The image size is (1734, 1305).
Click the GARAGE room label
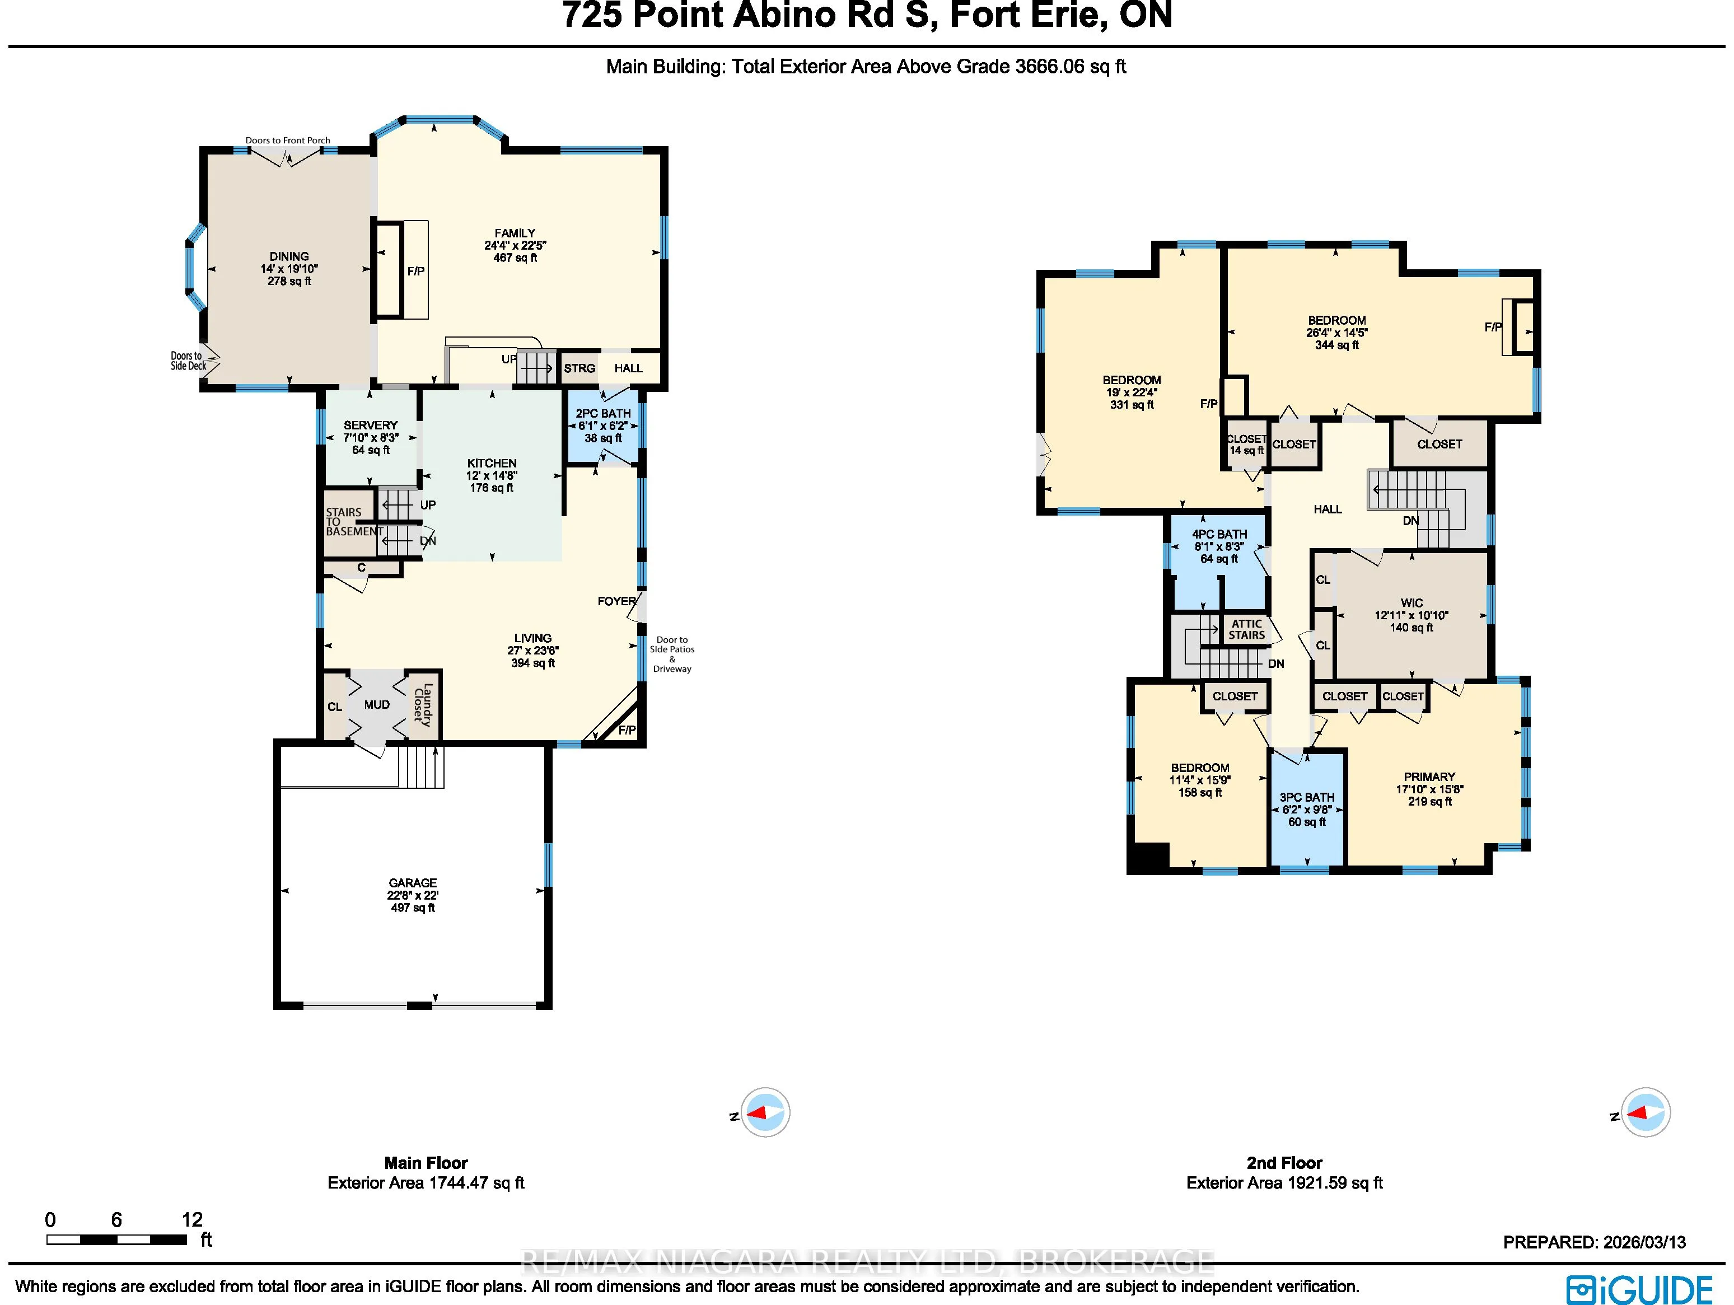(x=413, y=882)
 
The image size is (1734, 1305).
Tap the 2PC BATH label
(x=603, y=414)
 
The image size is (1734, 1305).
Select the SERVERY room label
(x=371, y=425)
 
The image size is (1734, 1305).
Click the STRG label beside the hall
(x=579, y=368)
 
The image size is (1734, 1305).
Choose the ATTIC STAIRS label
(x=1246, y=629)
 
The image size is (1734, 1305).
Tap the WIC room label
(x=1412, y=604)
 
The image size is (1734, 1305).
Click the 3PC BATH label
(x=1307, y=797)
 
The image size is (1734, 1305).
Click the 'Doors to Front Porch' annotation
(x=288, y=141)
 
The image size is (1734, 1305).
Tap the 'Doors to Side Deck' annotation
(x=189, y=361)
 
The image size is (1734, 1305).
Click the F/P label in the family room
(x=416, y=271)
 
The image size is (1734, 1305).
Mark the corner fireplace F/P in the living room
(x=627, y=731)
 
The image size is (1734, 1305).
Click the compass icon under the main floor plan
(x=764, y=1112)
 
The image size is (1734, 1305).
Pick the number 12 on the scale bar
(x=192, y=1219)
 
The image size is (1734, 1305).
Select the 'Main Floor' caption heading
(x=426, y=1163)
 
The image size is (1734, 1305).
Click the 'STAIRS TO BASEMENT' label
(x=353, y=522)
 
